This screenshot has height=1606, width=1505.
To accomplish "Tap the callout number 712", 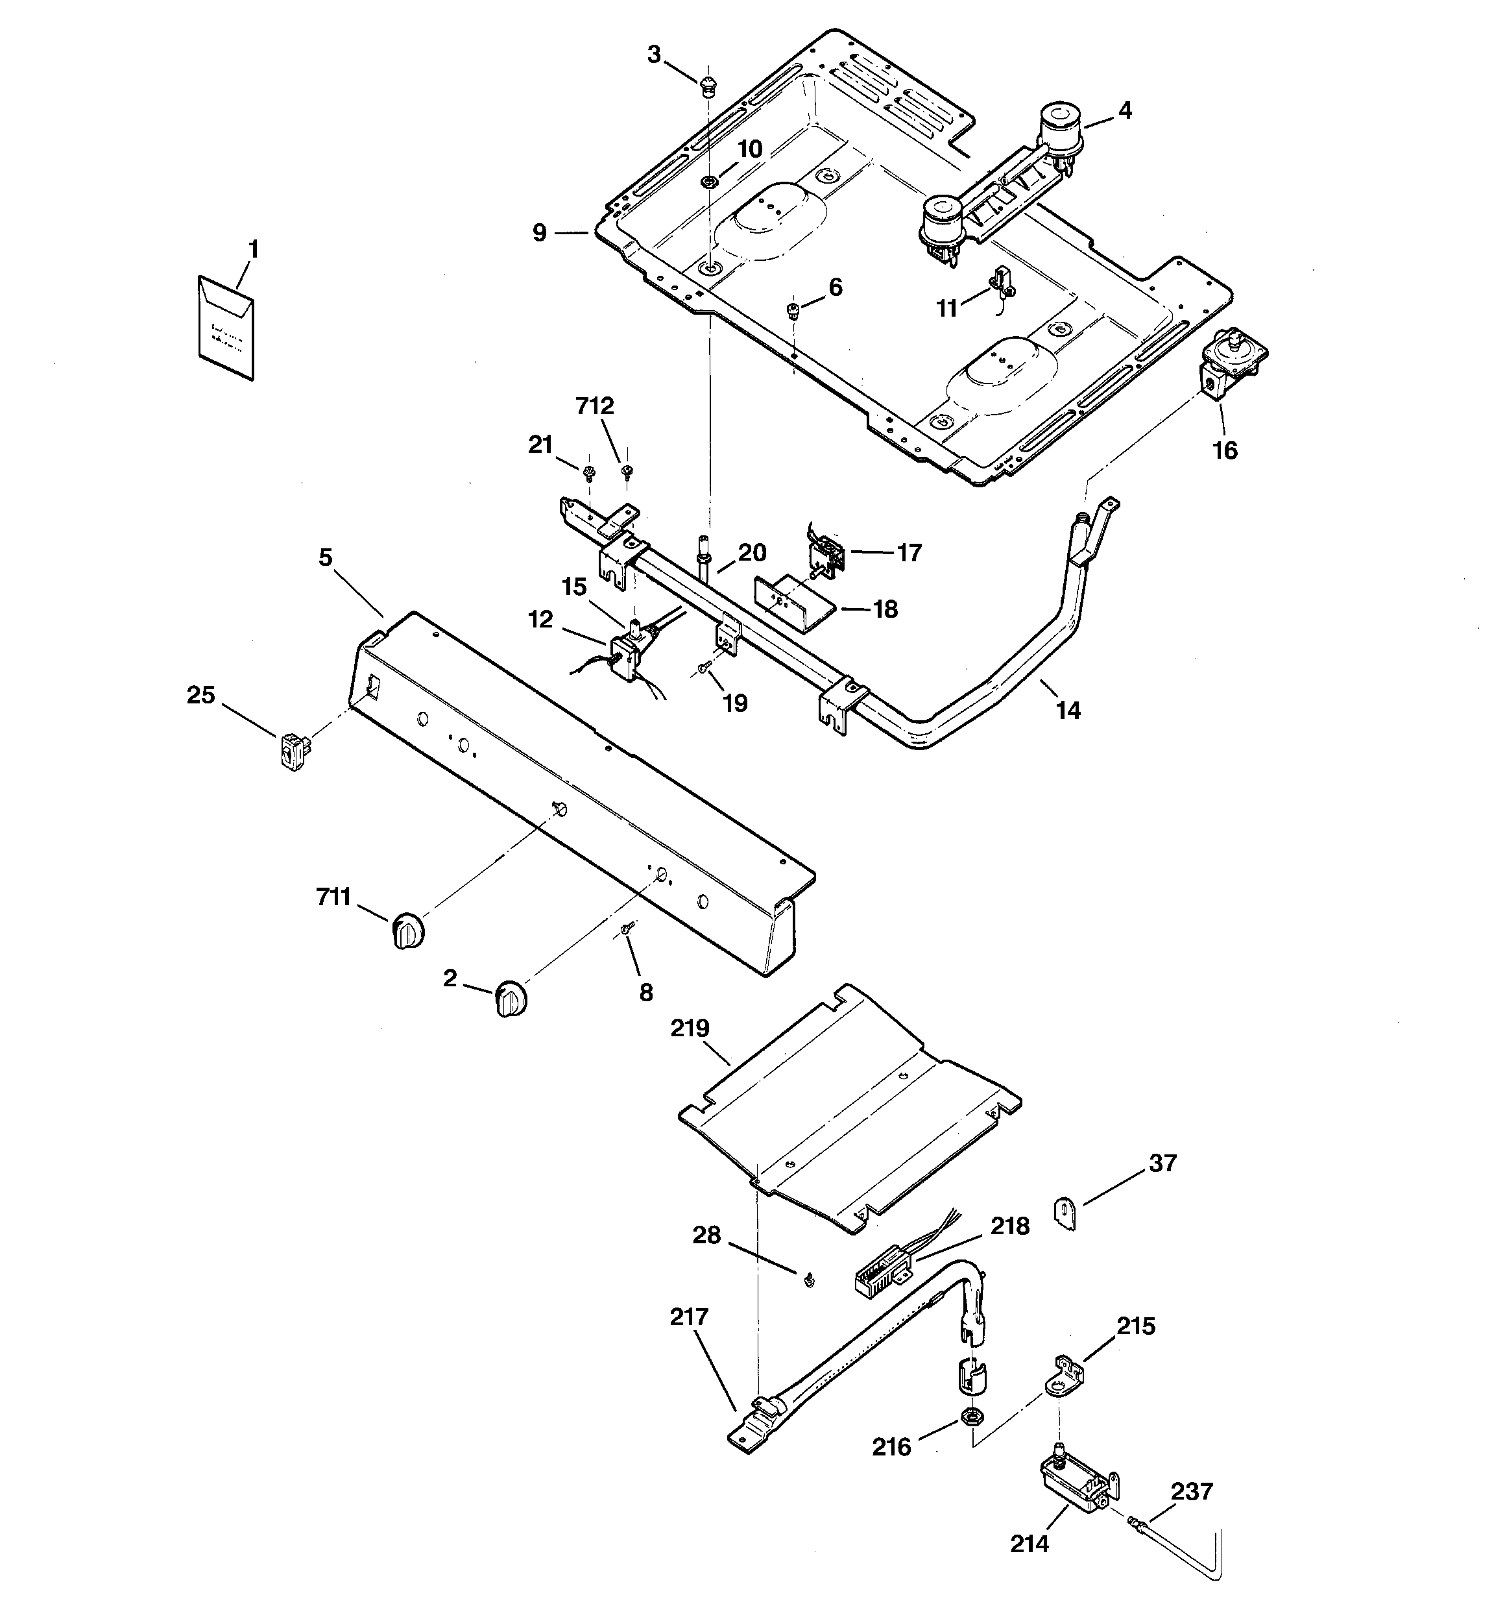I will point(595,406).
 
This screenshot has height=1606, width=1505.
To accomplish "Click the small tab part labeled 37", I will point(1067,1213).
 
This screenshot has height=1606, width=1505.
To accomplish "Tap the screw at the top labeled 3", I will point(708,84).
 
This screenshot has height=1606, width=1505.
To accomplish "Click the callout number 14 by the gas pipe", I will point(1068,710).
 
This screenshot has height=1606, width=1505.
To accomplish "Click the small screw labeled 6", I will point(793,310).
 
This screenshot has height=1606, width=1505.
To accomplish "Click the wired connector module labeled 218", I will point(884,1277).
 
